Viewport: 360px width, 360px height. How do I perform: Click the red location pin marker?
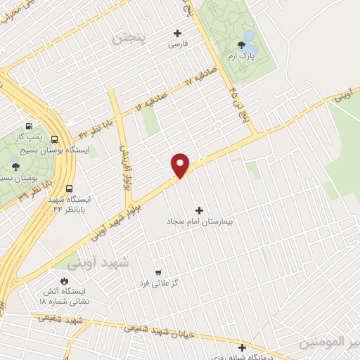181,165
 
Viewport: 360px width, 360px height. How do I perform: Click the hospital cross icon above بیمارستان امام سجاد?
199,210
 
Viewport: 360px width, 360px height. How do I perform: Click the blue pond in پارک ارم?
250,37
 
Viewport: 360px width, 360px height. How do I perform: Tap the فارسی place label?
176,44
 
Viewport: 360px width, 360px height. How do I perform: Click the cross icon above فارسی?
176,32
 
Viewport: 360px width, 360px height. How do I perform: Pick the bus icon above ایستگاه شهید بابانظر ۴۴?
69,188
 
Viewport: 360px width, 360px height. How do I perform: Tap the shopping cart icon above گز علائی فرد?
157,271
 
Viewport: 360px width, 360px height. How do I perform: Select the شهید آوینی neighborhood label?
98,262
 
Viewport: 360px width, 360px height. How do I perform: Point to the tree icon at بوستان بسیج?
15,167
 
